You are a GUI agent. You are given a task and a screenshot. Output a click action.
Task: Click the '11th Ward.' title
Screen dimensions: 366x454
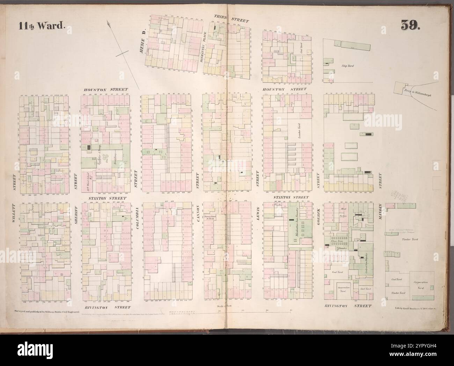point(39,25)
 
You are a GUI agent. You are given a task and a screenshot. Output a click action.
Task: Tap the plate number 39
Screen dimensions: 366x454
point(410,25)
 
